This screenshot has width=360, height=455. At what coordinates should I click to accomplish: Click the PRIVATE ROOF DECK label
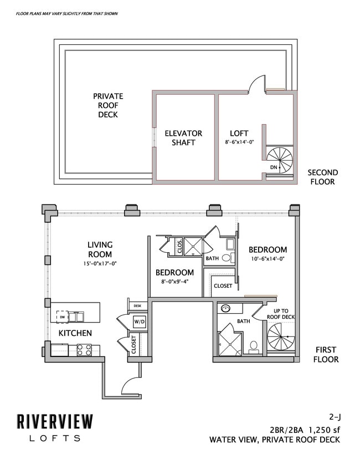coord(108,105)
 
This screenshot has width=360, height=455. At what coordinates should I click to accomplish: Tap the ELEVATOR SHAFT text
coord(183,138)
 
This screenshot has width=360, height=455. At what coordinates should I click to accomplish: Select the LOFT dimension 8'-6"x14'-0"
coord(239,142)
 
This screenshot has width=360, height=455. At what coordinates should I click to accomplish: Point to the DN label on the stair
coord(274,166)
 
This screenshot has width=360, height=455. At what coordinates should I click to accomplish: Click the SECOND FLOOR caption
coord(322,177)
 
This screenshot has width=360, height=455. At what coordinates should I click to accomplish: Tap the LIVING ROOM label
coord(100,249)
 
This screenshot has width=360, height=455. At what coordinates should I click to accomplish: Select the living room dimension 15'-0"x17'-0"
coord(100,264)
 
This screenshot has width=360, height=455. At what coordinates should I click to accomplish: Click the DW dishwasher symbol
coord(62,317)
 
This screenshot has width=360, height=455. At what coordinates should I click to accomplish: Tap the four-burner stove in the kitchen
coord(84,350)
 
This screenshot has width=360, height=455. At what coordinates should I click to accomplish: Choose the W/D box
coord(138,321)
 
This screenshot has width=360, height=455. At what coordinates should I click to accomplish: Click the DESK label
coord(137,305)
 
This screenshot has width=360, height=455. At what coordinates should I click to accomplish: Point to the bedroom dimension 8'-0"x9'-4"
coord(174,282)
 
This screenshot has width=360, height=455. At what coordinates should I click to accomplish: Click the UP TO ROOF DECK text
coord(281,314)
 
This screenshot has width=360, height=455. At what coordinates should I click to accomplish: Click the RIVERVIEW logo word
coord(54,422)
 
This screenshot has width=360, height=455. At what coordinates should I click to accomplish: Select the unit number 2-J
coord(331,416)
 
